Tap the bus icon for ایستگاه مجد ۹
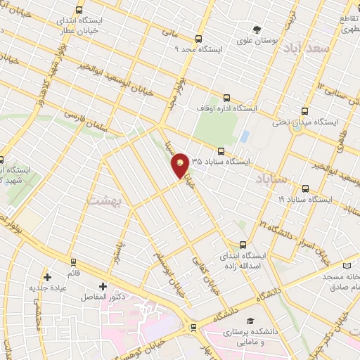click(198, 39)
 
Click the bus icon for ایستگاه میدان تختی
click(304, 111)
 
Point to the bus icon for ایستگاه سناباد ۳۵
click(221, 151)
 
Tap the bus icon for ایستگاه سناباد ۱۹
click(304, 188)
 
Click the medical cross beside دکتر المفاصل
click(103, 286)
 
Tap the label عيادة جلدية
click(46, 288)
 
